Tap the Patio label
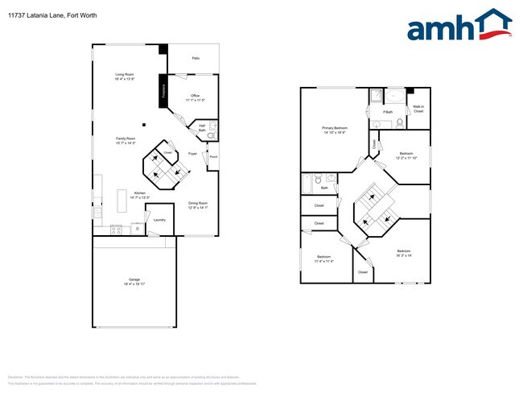pyautogui.click(x=196, y=59)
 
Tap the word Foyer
pyautogui.click(x=192, y=153)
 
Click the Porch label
pyautogui.click(x=212, y=157)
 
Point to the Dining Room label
pyautogui.click(x=198, y=205)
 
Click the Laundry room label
pyautogui.click(x=159, y=220)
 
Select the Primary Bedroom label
pyautogui.click(x=334, y=130)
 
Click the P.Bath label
pyautogui.click(x=387, y=111)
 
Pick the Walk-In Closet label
pyautogui.click(x=418, y=109)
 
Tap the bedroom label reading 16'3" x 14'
pyautogui.click(x=404, y=253)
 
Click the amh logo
pyautogui.click(x=459, y=26)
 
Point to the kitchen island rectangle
pyautogui.click(x=122, y=199)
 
